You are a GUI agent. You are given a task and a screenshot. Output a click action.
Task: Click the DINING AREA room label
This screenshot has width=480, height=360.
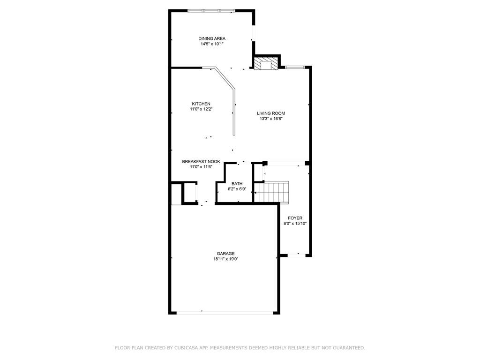pos(212,38)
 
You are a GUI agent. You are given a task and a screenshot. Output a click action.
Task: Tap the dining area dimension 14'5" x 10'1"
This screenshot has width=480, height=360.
pos(212,44)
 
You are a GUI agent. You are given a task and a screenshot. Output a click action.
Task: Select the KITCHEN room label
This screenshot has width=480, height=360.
pos(201,104)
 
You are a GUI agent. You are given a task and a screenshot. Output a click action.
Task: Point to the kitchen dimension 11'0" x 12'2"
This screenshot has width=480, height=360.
pos(201,109)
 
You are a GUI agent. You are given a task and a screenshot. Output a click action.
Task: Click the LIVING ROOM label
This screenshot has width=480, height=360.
pos(271,113)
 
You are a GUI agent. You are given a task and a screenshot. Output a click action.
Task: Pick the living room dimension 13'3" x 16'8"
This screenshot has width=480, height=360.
pos(271,119)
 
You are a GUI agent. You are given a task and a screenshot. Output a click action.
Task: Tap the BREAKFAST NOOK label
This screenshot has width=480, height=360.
pos(201,162)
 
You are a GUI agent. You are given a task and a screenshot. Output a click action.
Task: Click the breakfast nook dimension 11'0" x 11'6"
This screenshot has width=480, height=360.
pos(201,167)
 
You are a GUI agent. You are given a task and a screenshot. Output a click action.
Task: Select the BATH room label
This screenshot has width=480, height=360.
pos(237,184)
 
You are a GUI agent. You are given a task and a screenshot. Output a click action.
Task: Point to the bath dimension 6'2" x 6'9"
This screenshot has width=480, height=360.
pos(237,189)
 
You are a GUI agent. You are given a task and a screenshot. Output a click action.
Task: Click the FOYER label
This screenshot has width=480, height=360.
pos(295,218)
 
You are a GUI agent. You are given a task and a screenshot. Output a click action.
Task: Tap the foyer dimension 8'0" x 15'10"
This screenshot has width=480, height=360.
pos(295,224)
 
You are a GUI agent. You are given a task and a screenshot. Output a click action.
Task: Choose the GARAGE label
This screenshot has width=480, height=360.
pos(225,254)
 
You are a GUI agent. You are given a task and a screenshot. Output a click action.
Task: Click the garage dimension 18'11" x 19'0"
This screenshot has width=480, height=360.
pos(226,259)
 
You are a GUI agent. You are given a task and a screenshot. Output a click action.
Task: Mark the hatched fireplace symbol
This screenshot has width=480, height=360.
pos(266,63)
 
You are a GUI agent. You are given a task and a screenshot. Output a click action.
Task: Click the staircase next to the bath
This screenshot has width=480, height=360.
pos(272,192)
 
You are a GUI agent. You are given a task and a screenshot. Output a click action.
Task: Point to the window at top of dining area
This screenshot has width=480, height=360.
pos(211,11)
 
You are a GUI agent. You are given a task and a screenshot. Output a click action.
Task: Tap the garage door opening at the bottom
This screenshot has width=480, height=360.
pos(225,313)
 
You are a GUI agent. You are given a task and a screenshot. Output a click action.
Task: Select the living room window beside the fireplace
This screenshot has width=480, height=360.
pos(295,67)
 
